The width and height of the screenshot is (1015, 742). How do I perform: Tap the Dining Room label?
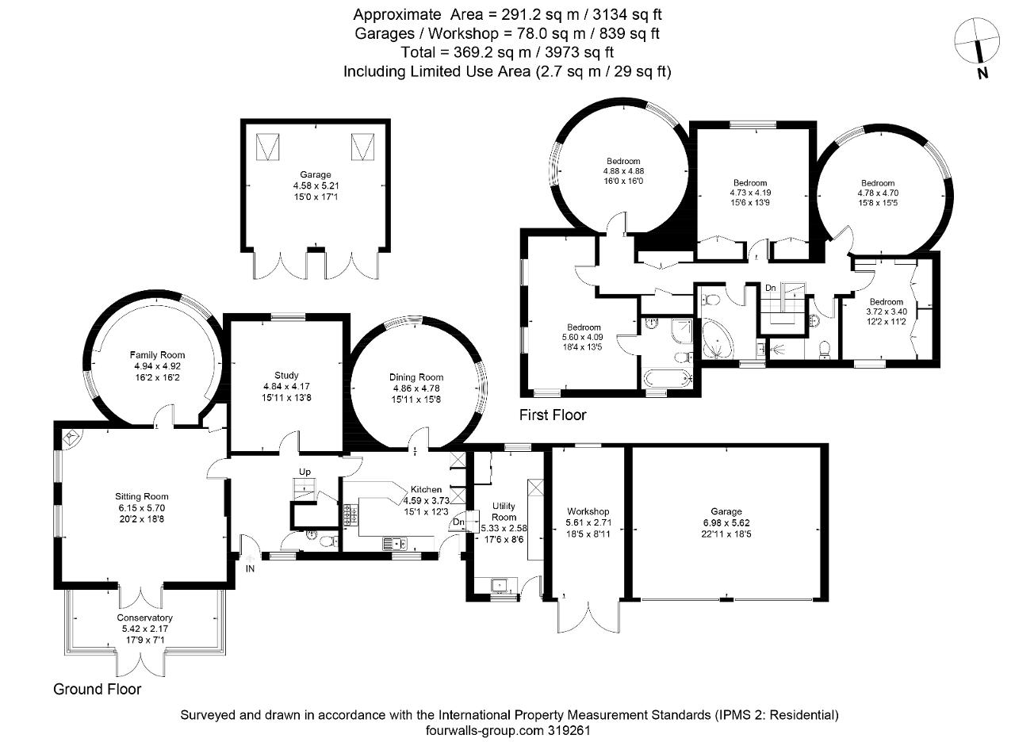416,377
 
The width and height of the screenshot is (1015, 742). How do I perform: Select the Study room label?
286,375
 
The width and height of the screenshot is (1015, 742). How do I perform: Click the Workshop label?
588,511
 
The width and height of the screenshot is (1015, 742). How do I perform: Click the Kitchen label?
426,489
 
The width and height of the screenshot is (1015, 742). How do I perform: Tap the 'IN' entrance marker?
251,568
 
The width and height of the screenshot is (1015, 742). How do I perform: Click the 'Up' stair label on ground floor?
304,472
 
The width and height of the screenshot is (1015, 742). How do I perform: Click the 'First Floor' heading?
552,415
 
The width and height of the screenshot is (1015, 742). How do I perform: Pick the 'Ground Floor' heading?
97,689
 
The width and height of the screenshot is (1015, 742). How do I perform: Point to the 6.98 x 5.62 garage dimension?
726,522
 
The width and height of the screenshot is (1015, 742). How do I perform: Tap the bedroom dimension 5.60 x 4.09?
583,338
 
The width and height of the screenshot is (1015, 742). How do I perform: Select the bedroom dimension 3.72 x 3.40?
886,312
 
